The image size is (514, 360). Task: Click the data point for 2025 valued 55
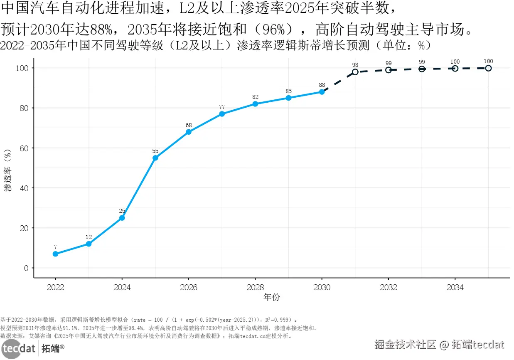(155, 158)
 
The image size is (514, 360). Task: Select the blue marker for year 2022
(55, 254)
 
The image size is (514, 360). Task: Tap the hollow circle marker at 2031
(355, 72)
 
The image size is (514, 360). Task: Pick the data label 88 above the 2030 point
(322, 85)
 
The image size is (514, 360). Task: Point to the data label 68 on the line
(189, 125)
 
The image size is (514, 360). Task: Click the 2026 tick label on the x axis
(189, 288)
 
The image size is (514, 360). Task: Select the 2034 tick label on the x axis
(455, 288)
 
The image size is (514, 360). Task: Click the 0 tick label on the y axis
(26, 268)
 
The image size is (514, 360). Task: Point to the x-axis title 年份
(272, 297)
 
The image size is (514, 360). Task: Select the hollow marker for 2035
(488, 68)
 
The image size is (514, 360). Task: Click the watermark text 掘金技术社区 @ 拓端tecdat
(439, 345)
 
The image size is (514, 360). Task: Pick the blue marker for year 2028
(255, 104)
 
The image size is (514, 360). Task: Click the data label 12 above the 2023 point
(89, 237)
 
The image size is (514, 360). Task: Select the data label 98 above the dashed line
(355, 65)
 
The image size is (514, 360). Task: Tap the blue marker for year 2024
(122, 218)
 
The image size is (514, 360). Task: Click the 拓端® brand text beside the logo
(53, 348)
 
